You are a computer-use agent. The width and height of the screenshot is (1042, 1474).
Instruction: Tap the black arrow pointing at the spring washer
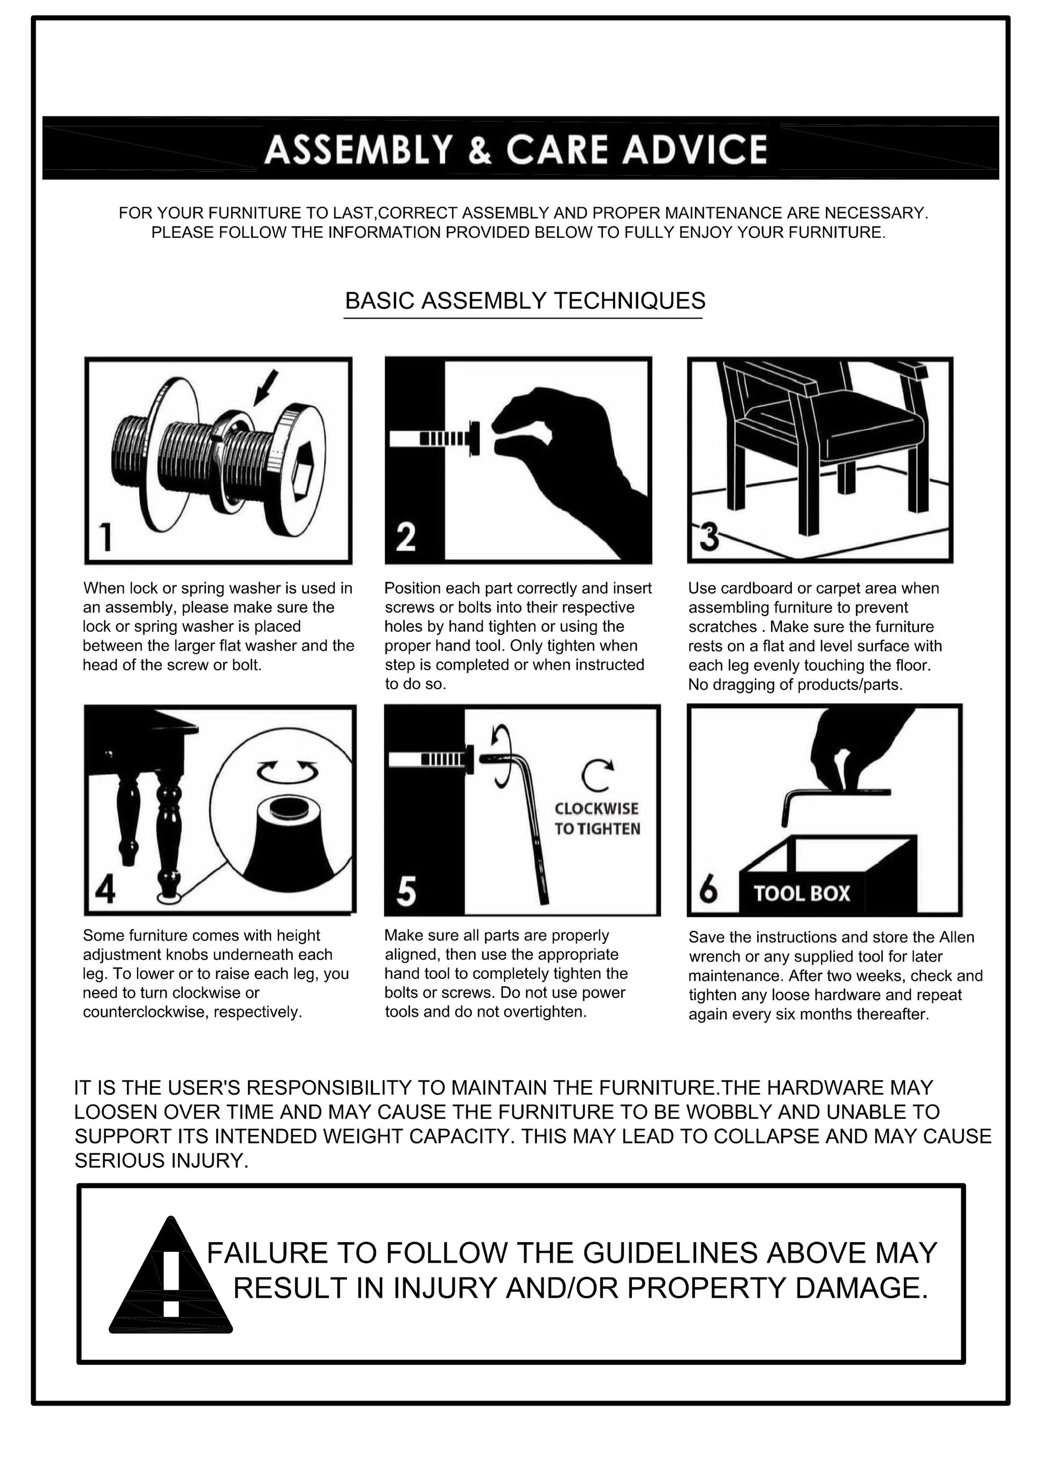point(265,388)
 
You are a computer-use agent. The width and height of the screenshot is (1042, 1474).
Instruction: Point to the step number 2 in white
point(406,536)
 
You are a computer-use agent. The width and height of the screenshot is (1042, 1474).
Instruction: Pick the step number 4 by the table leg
point(105,889)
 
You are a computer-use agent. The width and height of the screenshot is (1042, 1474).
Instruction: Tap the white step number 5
point(406,891)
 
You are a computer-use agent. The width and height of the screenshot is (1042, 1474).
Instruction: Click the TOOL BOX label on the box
point(802,893)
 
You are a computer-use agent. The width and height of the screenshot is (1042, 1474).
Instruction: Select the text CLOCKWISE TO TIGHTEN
point(597,819)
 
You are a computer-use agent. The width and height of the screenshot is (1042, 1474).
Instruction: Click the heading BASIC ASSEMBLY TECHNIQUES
point(525,300)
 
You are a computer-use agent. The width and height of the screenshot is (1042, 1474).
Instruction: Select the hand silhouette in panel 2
point(571,472)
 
